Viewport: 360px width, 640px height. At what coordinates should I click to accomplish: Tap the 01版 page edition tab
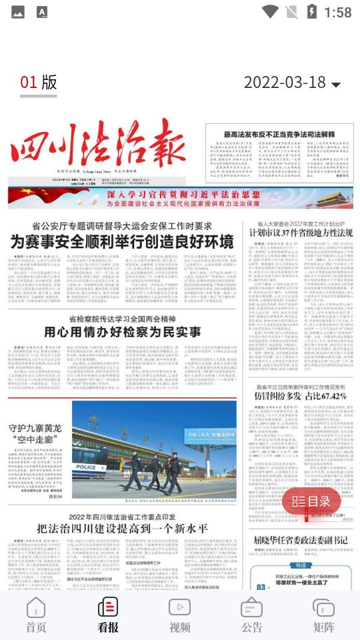coord(39,82)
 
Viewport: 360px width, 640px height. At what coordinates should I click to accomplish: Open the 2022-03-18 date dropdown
coord(285,83)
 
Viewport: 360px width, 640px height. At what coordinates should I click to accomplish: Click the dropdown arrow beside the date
coord(336,85)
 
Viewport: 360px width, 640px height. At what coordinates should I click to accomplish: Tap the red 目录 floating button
coord(311,501)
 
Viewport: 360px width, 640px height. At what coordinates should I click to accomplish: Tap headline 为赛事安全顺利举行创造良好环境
coord(122,241)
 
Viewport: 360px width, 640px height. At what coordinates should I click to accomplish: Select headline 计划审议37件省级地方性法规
coord(301,233)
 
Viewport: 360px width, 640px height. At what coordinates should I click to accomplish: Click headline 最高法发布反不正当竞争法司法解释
coord(279,135)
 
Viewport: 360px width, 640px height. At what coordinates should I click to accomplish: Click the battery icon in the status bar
coord(311,11)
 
